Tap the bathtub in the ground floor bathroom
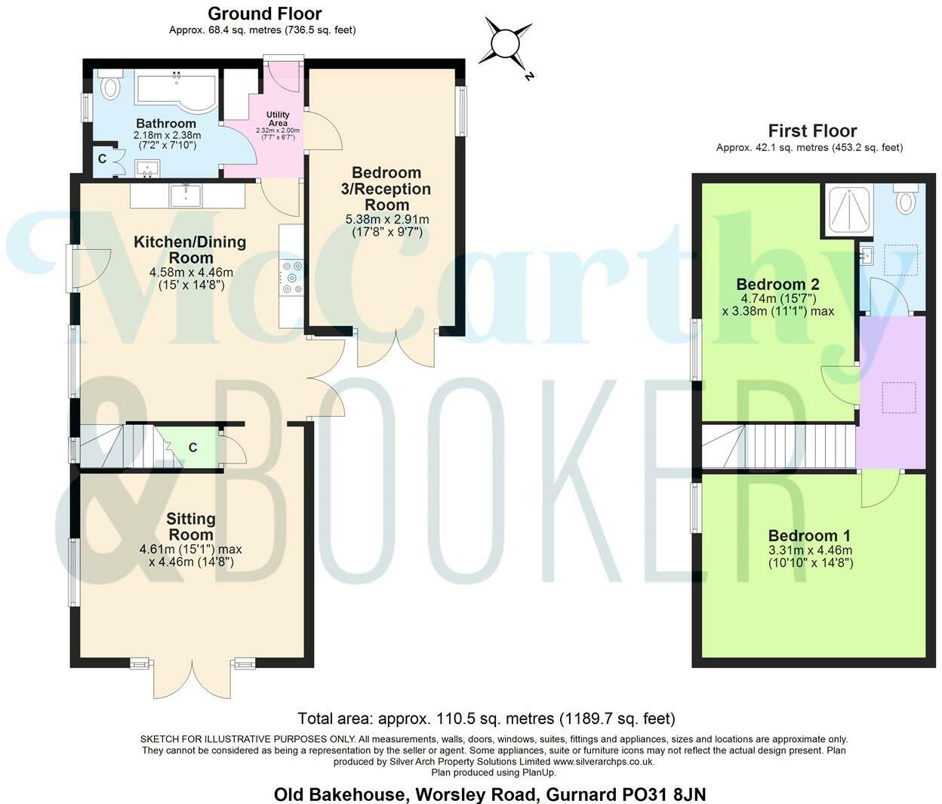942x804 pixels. tap(176, 89)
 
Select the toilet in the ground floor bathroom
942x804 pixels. tap(110, 85)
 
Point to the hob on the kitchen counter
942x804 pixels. tap(291, 277)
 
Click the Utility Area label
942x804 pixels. tap(278, 119)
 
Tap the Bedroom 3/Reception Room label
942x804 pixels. tap(386, 189)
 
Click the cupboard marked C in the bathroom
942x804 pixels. tap(103, 159)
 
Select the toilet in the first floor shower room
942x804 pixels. tap(904, 199)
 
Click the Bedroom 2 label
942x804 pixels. tap(777, 285)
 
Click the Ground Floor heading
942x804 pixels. tap(264, 14)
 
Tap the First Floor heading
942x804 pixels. tap(812, 131)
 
